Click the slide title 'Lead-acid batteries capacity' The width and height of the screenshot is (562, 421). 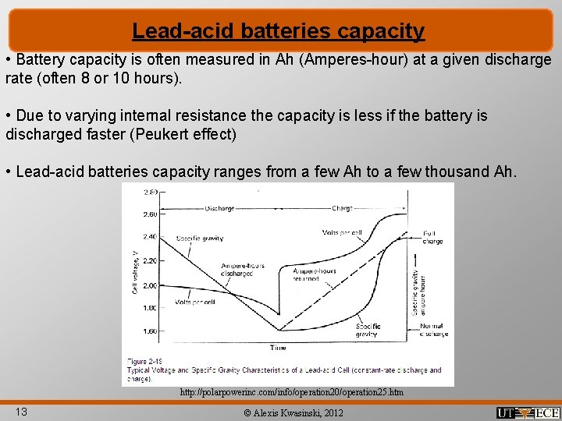279,31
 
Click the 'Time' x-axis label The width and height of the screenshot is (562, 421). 278,347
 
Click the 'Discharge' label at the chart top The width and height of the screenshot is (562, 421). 219,208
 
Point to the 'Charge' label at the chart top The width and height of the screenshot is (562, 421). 342,208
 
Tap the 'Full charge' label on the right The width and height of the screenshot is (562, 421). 432,237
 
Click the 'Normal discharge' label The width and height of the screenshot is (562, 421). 433,330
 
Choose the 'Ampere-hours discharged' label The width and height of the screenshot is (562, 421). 242,270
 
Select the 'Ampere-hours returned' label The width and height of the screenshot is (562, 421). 316,274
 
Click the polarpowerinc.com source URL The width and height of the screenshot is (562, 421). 292,392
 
